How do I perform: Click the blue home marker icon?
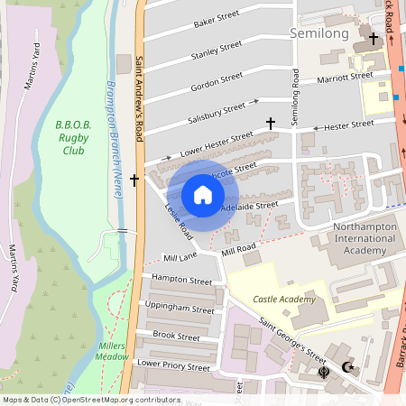pos(203,195)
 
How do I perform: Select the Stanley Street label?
pos(217,50)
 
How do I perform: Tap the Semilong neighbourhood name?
pos(319,32)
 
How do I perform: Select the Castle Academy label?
pos(284,299)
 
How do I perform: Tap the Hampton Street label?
pos(181,280)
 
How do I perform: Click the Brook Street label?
pos(176,336)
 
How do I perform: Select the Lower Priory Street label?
pos(173,366)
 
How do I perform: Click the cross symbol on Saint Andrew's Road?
pos(134,180)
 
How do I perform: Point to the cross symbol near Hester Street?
pos(269,123)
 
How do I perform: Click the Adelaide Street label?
pos(250,206)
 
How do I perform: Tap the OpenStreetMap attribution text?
pos(90,399)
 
